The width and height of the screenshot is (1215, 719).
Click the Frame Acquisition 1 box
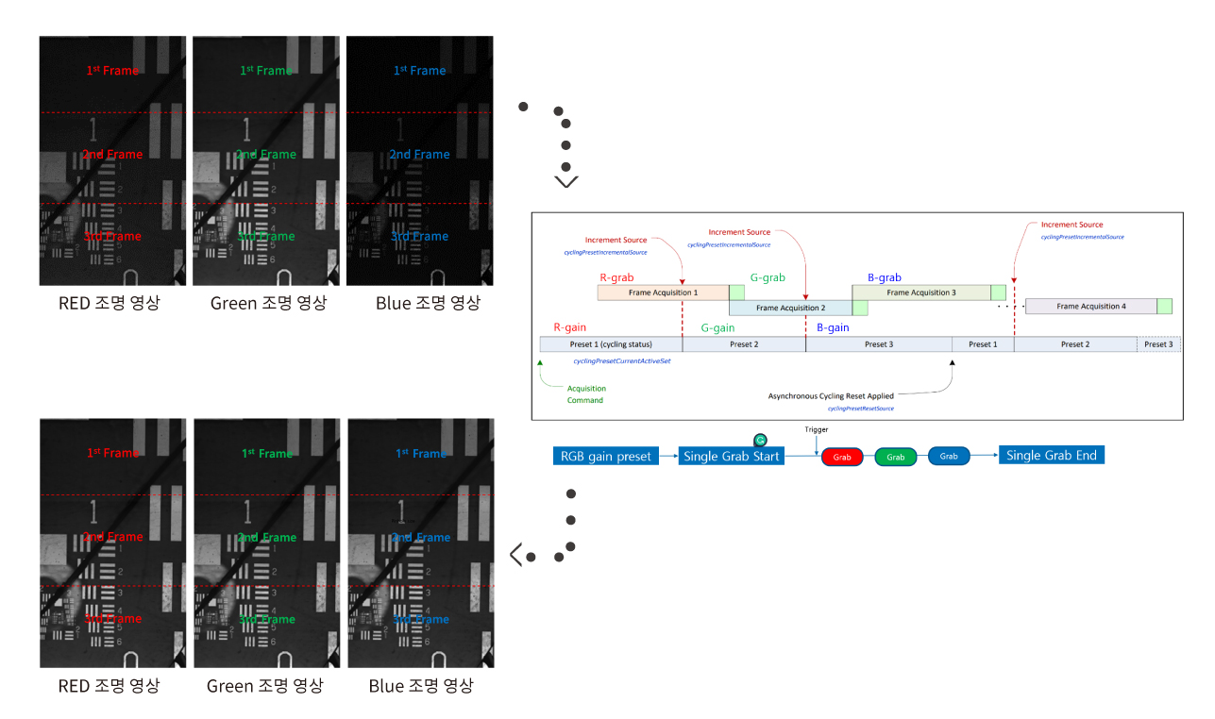663,293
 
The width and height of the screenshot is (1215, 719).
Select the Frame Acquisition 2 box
790,308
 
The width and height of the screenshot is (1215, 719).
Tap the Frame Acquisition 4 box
1090,306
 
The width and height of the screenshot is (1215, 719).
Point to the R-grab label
617,277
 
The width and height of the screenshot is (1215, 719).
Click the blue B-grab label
884,277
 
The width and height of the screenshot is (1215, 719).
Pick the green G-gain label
717,327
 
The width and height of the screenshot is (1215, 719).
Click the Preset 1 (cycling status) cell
611,344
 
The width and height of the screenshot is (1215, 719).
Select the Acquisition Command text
586,394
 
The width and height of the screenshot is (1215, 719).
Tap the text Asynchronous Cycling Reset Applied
831,395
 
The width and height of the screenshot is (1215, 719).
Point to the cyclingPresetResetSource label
860,409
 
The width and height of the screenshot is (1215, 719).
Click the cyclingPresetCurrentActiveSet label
621,361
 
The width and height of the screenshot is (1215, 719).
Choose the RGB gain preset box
605,457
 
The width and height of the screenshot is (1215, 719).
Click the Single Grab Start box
732,457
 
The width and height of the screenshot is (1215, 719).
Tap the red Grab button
842,457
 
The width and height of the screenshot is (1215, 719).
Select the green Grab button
895,457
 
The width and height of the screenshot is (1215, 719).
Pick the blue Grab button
949,456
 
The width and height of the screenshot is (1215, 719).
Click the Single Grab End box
1051,456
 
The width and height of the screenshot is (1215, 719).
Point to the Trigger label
817,429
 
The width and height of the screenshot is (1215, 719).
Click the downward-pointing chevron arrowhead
566,181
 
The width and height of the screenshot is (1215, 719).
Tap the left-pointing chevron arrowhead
515,555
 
